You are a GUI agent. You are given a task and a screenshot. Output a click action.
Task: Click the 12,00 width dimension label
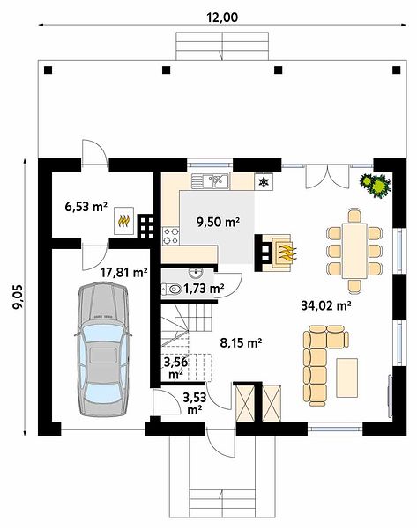(x=222, y=18)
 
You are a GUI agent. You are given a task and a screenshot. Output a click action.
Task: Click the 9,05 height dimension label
(x=18, y=297)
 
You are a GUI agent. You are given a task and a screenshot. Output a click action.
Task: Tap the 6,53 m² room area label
(x=86, y=207)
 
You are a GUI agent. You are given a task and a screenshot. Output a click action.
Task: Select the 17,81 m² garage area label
(x=124, y=272)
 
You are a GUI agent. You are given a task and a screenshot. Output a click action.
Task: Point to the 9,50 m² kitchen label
(x=218, y=222)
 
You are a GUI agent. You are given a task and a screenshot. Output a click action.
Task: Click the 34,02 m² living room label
(x=326, y=305)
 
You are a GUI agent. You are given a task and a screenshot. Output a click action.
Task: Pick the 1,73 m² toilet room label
(x=204, y=289)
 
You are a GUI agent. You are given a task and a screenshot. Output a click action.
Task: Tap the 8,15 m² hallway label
(x=241, y=343)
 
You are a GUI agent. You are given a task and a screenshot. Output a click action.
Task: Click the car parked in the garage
(x=103, y=348)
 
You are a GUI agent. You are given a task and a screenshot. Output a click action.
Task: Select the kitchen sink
(x=210, y=180)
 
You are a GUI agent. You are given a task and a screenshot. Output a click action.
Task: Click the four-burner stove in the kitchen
(x=171, y=236)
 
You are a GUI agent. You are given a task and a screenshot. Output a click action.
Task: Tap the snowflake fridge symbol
(x=264, y=182)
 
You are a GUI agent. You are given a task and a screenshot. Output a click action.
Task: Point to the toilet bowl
(x=173, y=289)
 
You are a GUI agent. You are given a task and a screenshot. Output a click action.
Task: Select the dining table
(x=354, y=251)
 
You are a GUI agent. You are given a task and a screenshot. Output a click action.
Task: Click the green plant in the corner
(x=376, y=185)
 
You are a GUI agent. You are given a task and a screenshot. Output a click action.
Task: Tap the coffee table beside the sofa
(x=347, y=378)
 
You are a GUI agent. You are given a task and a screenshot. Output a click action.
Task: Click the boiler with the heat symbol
(x=123, y=221)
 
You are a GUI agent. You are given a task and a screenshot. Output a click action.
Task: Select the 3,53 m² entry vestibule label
(x=195, y=404)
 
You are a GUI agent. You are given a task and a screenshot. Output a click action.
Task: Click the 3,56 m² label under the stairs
(x=175, y=368)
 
